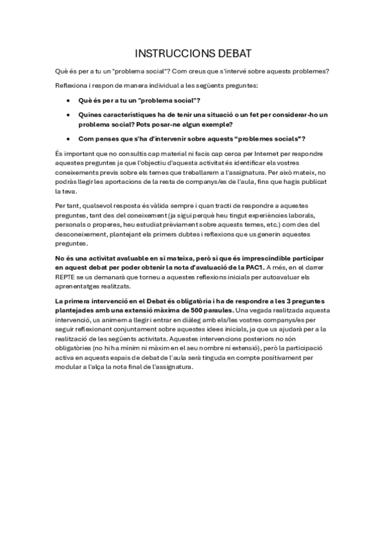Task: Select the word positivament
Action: click(288, 357)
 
